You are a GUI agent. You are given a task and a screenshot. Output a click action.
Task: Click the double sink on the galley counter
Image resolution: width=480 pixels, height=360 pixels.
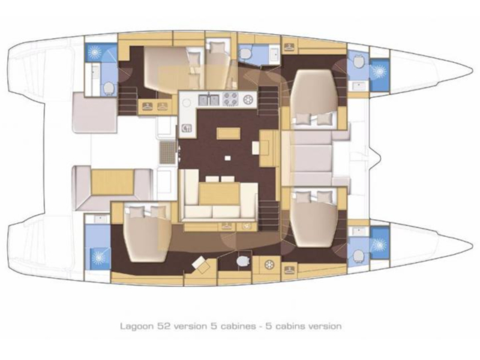pyautogui.click(x=209, y=99)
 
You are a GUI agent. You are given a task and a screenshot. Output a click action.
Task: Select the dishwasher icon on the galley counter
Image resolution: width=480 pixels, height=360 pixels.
pyautogui.click(x=187, y=128)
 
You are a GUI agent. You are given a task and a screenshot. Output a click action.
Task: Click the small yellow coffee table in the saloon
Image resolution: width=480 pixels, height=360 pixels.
pyautogui.click(x=228, y=133)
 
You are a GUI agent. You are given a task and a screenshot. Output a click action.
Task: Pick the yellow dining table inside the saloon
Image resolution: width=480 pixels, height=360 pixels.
pyautogui.click(x=219, y=193)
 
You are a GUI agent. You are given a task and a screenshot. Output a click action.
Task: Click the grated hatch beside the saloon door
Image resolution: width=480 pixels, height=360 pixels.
pyautogui.click(x=168, y=152)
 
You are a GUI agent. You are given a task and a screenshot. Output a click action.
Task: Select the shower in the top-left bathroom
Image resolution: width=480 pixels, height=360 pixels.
pyautogui.click(x=94, y=52)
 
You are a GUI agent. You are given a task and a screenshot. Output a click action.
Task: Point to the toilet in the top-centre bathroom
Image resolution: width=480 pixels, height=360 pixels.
pyautogui.click(x=246, y=54)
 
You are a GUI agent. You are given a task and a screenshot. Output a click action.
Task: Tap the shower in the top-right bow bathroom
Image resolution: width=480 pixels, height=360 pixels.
pyautogui.click(x=380, y=71)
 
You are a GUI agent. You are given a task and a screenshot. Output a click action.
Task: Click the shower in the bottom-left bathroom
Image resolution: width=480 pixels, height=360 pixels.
pyautogui.click(x=98, y=257)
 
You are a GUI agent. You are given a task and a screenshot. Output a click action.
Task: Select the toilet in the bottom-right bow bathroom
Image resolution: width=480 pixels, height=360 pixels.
pyautogui.click(x=358, y=254)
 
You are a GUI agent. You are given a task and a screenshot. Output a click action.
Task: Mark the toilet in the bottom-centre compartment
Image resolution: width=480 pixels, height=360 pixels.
pyautogui.click(x=244, y=261)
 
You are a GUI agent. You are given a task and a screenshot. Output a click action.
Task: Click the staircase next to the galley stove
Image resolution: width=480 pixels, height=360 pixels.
pyautogui.click(x=269, y=100)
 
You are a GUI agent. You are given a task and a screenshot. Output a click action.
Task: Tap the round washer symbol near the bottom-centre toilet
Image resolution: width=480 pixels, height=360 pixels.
pyautogui.click(x=269, y=265)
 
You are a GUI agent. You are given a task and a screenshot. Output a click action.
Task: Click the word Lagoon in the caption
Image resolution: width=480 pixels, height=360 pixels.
pyautogui.click(x=137, y=326)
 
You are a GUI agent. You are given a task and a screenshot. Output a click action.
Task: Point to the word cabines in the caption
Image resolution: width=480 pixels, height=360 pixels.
pyautogui.click(x=236, y=326)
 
